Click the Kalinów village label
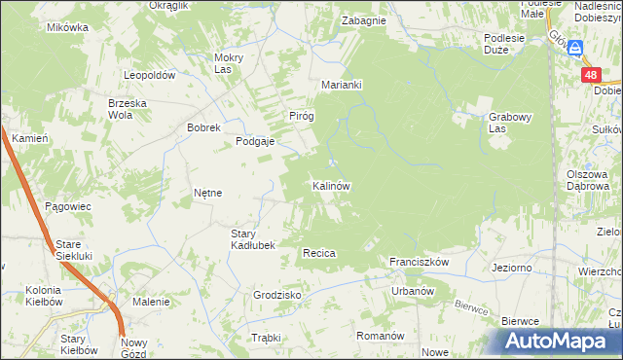coord(331,185)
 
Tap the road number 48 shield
coord(591,75)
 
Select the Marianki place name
coord(342,85)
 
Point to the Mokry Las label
coord(228,63)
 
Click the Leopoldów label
coord(148,75)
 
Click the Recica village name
coord(319,253)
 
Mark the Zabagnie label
coord(363,20)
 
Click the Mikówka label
coord(67,27)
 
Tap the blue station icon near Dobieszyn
coord(576,48)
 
